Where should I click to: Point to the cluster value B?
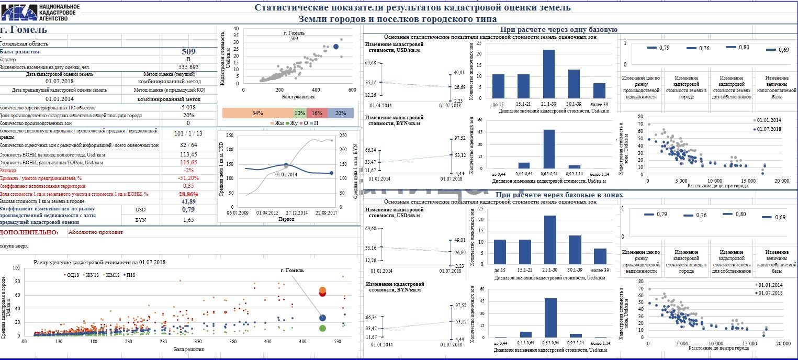pos(188,60)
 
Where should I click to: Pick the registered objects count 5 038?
pos(188,107)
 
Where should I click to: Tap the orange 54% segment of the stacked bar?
pos(257,113)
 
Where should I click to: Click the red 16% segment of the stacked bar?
pos(317,113)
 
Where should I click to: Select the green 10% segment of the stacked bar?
pos(300,113)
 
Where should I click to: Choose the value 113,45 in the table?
pos(188,154)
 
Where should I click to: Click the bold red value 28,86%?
pos(188,194)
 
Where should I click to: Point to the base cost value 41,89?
pos(188,201)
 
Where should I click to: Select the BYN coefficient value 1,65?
pos(188,220)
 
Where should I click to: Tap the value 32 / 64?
pos(188,145)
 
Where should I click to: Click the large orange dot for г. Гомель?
pos(322,290)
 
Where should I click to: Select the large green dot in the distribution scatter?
pos(322,328)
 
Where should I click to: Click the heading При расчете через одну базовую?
pos(559,30)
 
